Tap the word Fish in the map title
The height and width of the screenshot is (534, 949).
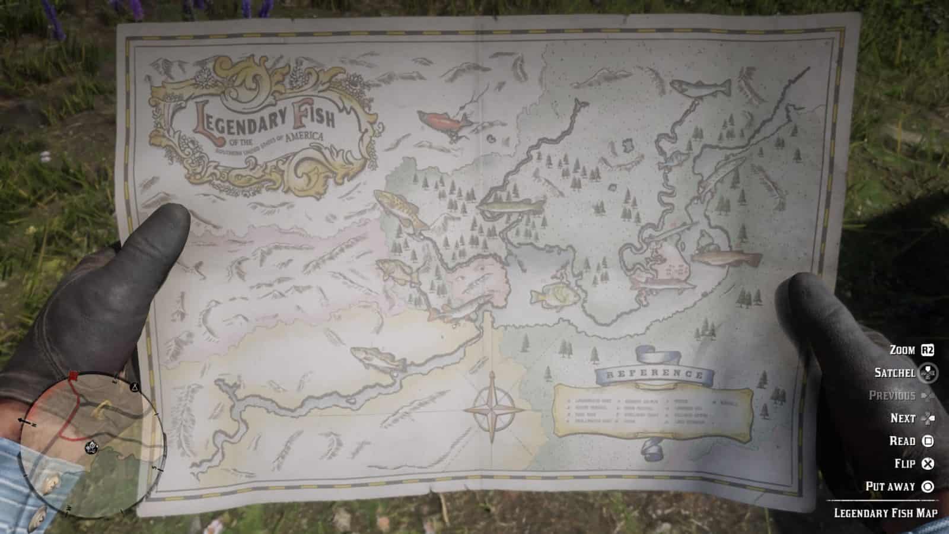313,116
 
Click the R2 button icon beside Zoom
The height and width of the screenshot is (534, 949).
926,350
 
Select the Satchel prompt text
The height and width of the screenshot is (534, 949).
894,373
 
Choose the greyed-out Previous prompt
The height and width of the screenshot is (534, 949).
891,395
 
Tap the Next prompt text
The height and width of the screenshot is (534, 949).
903,418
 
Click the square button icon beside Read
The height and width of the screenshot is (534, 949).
928,441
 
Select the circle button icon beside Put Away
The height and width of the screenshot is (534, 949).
928,487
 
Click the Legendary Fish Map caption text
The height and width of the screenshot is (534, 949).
886,513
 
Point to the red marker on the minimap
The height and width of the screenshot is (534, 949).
74,376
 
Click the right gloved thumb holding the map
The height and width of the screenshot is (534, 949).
813,309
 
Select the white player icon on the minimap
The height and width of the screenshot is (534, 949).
92,446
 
